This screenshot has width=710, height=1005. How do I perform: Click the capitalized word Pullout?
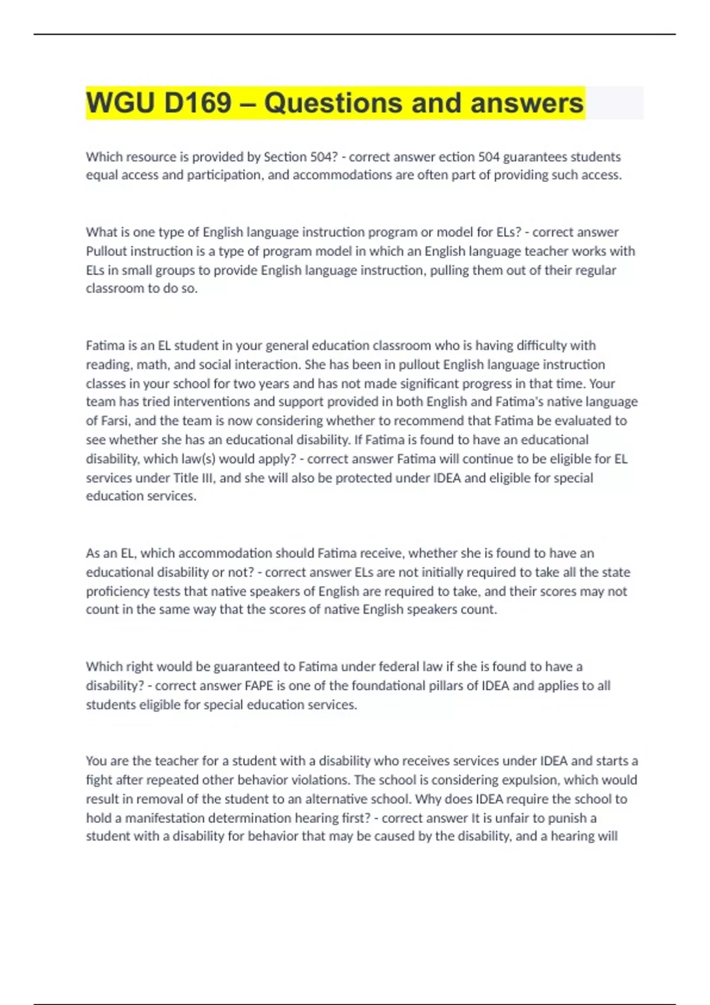(106, 251)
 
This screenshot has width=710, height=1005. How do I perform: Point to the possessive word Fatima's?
(523, 402)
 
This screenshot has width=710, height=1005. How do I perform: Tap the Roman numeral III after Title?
(209, 478)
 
